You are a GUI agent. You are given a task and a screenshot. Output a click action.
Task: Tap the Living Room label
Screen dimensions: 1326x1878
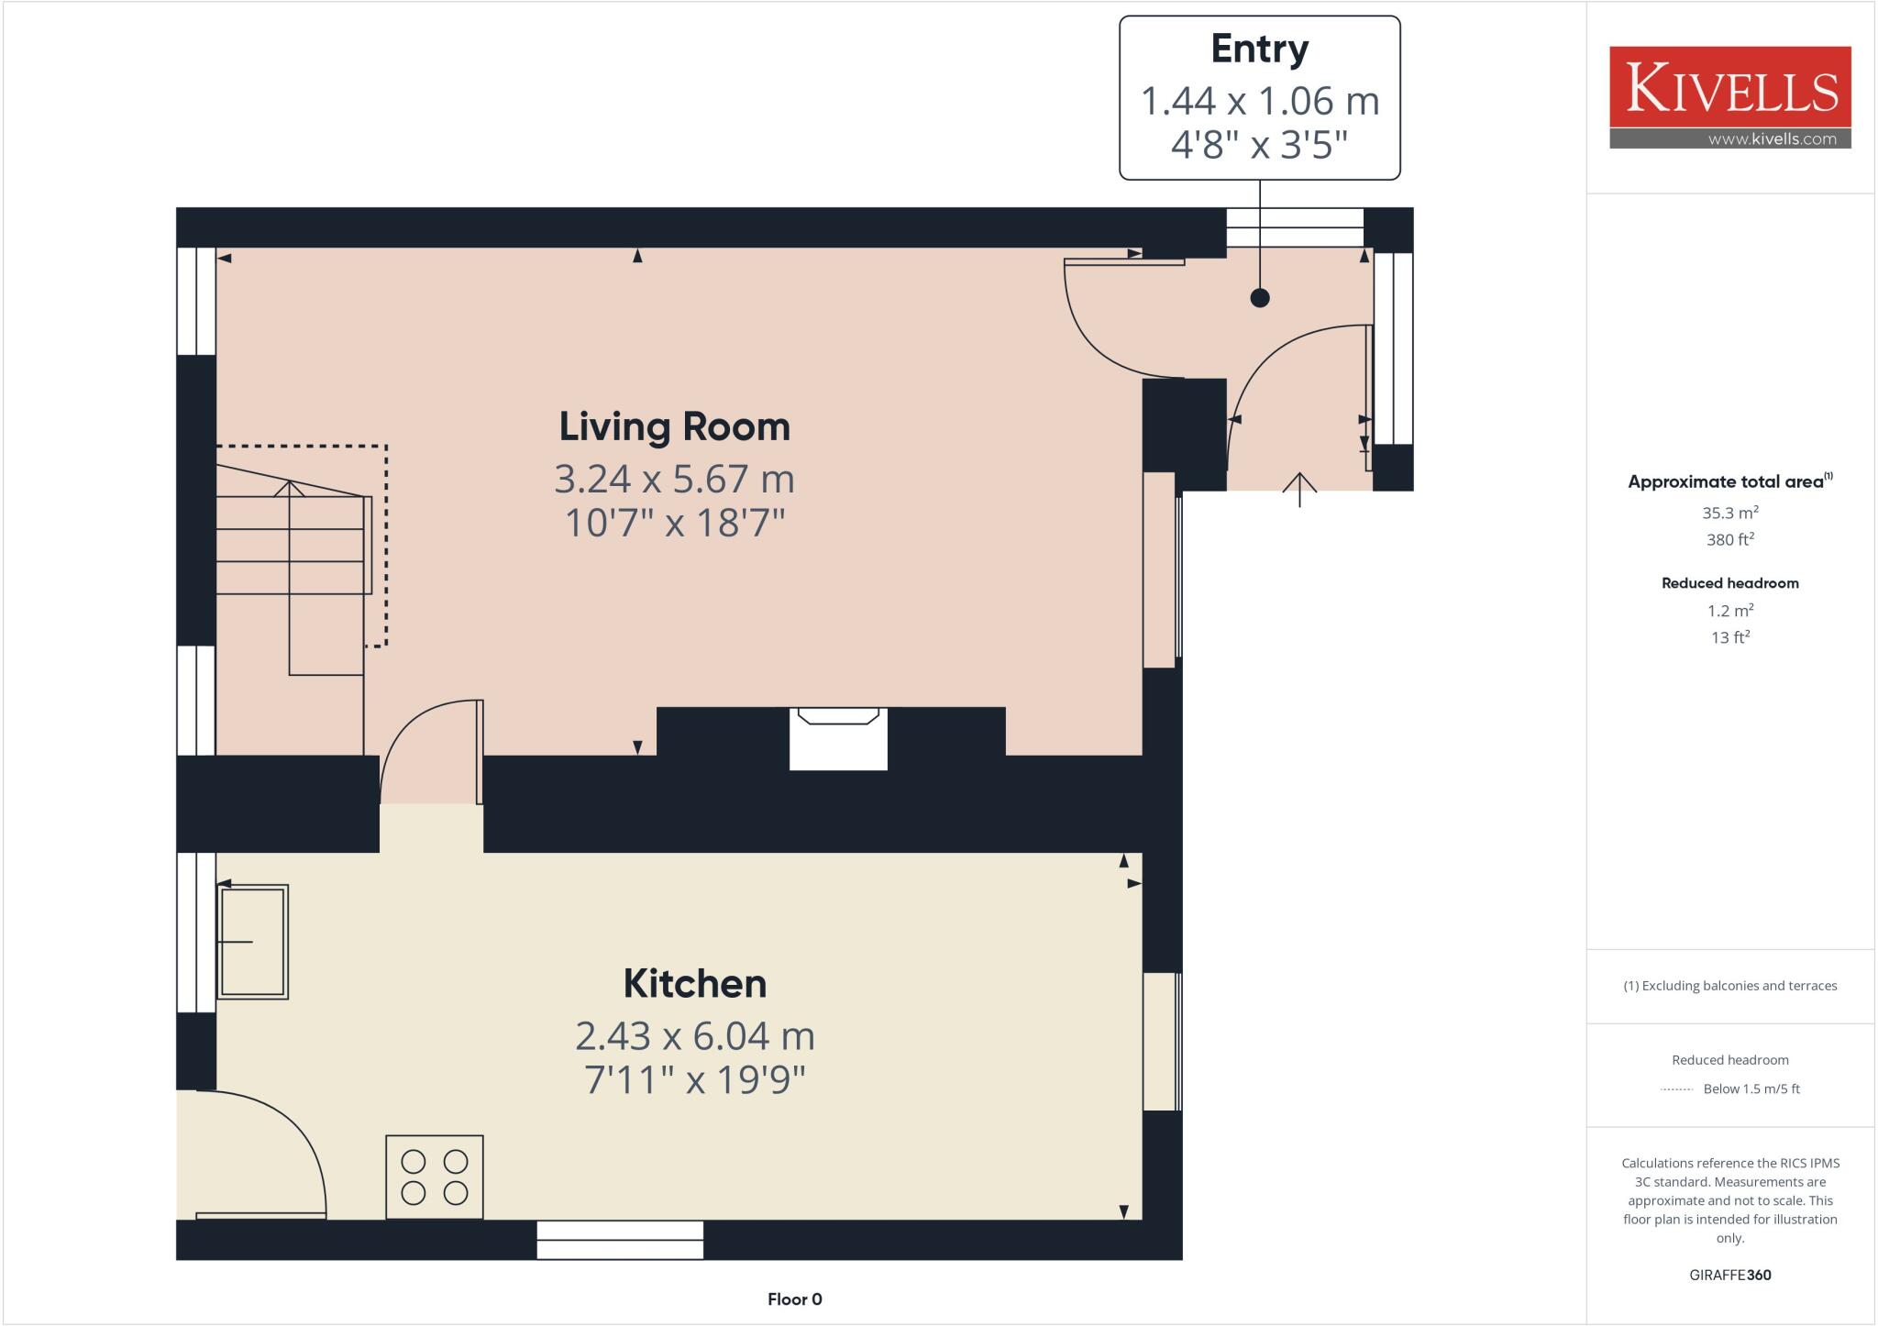pos(674,427)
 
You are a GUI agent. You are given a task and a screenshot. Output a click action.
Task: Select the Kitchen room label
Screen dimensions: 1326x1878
pos(694,984)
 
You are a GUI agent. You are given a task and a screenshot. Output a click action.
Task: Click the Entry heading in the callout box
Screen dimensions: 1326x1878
pos(1259,49)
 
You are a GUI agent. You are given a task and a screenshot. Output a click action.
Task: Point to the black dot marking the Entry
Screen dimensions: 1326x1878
pos(1260,298)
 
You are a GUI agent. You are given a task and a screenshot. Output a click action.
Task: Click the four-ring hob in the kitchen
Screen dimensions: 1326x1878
pos(434,1177)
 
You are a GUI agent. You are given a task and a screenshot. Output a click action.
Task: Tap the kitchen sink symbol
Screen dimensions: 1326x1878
pos(252,941)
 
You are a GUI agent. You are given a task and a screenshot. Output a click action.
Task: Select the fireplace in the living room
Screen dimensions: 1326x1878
pos(838,738)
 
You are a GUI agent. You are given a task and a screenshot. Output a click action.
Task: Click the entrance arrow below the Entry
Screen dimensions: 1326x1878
pos(1299,489)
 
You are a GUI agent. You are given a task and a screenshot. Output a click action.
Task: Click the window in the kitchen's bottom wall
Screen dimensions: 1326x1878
pos(620,1239)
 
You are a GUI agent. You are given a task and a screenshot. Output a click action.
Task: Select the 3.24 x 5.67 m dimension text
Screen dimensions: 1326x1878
pos(674,479)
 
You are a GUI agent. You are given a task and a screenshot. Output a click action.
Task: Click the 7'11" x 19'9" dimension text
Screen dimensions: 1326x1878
pos(694,1079)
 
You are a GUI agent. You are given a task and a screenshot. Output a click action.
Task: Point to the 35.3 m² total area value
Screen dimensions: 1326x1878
pos(1729,514)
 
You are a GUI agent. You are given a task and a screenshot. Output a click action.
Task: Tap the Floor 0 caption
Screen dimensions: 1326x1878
pos(794,1298)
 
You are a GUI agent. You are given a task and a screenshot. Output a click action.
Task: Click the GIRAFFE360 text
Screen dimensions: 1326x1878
pos(1729,1275)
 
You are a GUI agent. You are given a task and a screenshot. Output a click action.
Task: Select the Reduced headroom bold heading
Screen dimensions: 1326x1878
pos(1729,583)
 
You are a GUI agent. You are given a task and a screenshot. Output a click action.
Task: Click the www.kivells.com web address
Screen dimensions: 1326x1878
pos(1772,139)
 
